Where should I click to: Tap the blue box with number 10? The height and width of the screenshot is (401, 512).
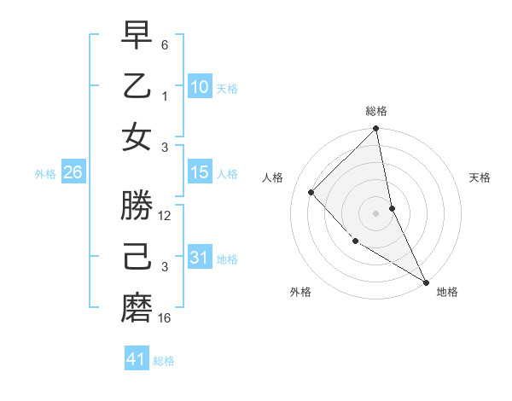[x=199, y=87]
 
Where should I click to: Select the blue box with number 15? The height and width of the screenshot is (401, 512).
[x=199, y=172]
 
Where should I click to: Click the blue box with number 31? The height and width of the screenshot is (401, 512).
[x=199, y=258]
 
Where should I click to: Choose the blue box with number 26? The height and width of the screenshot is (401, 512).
[x=73, y=172]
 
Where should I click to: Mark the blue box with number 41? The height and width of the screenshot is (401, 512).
[x=137, y=359]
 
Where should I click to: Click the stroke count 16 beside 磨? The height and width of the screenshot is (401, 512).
[x=165, y=318]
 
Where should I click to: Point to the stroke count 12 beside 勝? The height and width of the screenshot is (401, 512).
[x=165, y=216]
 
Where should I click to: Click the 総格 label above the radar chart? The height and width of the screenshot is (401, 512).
[x=376, y=111]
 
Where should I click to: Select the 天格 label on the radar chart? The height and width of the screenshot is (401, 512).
[x=480, y=177]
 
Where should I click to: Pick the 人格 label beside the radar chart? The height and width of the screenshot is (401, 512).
[x=273, y=177]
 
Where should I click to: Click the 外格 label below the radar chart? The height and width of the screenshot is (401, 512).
[x=300, y=293]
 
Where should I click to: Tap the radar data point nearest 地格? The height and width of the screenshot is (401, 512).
[x=426, y=282]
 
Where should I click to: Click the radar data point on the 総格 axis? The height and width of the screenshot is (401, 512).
[x=376, y=130]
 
